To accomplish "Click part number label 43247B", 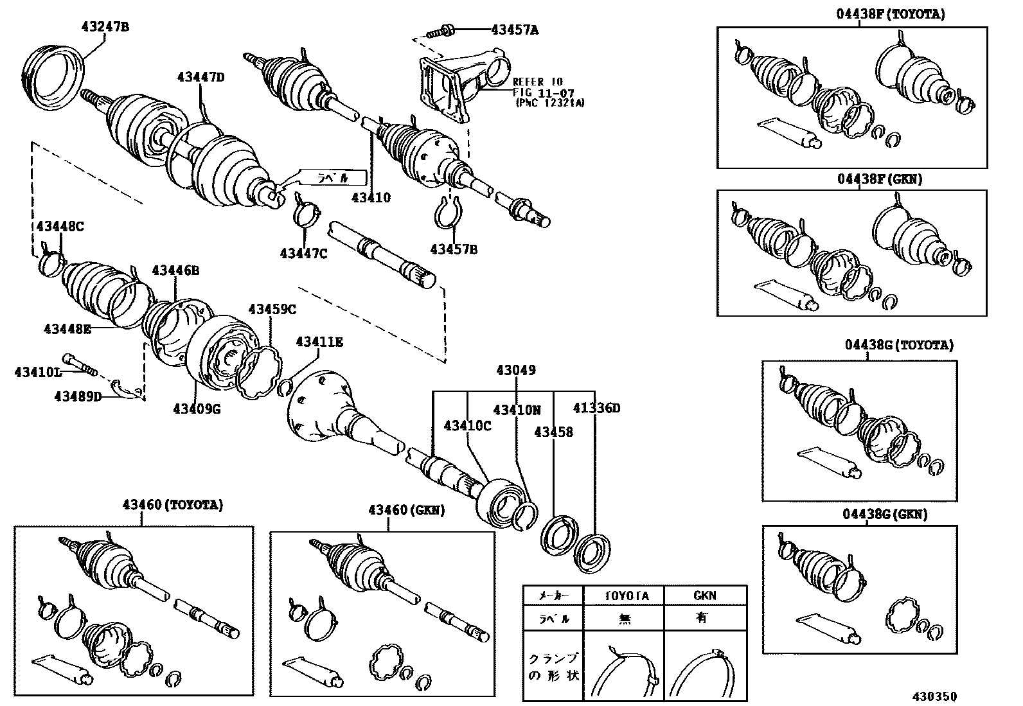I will tap(105, 27).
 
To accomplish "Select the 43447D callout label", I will tap(201, 78).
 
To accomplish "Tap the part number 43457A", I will tap(515, 29).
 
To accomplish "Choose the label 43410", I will tap(371, 198).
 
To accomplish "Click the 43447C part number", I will tap(303, 253).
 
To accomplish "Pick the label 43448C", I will tap(60, 226).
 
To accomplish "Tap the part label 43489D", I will tap(77, 396).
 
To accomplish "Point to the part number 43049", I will tap(515, 370).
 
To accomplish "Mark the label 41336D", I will tap(597, 408).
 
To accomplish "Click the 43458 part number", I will tap(553, 432).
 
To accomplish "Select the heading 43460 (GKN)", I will tap(406, 510).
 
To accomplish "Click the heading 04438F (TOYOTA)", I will tap(890, 14).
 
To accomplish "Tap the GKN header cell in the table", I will tap(704, 596).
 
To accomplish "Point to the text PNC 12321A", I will tap(549, 102).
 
